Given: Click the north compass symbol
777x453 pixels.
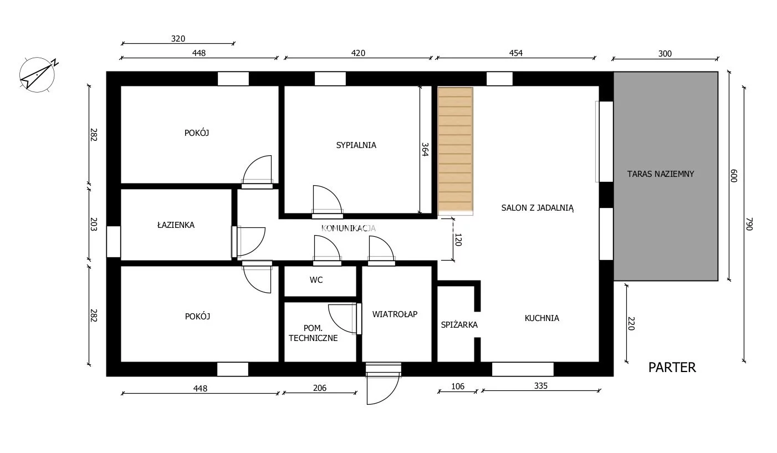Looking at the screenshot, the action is [38, 75].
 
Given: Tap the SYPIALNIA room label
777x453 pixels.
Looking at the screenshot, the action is [356, 145].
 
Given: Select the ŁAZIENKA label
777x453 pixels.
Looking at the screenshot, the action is [176, 225].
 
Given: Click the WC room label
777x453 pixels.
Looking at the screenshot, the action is [316, 280].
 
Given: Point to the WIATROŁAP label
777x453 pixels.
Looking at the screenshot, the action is [395, 314].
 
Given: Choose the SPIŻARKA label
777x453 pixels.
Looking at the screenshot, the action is [459, 324].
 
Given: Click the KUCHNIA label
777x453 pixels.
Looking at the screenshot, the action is [542, 318].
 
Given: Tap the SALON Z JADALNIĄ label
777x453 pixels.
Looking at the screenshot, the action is [538, 208].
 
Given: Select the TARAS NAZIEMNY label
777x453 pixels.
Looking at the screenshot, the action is [661, 174].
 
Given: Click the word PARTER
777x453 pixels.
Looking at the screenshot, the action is [672, 368].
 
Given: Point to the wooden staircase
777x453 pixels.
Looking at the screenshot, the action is [455, 151].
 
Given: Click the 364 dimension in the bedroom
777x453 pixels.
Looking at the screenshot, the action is [425, 150].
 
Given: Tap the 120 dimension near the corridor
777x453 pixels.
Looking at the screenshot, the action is [458, 240].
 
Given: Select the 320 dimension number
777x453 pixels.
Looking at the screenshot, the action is [178, 38].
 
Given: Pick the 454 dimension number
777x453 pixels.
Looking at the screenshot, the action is [516, 53].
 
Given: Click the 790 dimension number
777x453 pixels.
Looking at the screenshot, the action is [749, 224].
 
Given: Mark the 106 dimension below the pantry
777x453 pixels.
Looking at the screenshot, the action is [458, 386].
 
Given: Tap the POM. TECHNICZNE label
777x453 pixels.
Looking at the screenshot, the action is [313, 333].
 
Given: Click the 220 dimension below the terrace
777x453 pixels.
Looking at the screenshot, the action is [631, 323].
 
